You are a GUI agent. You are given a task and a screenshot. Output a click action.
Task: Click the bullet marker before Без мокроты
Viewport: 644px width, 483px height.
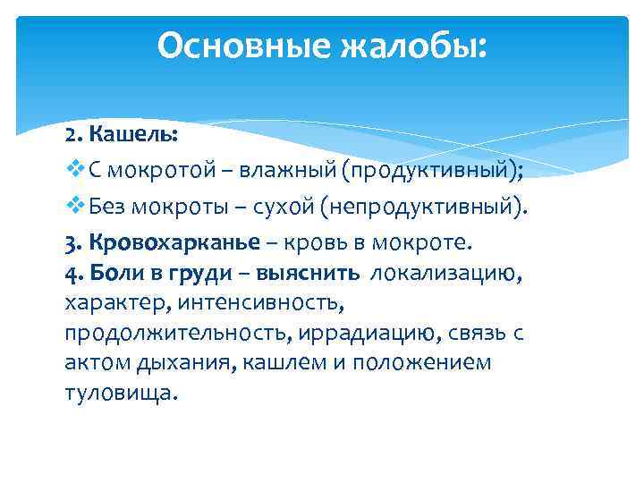(x=72, y=208)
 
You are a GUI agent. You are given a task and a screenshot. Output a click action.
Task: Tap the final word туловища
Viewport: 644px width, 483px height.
(x=121, y=394)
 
